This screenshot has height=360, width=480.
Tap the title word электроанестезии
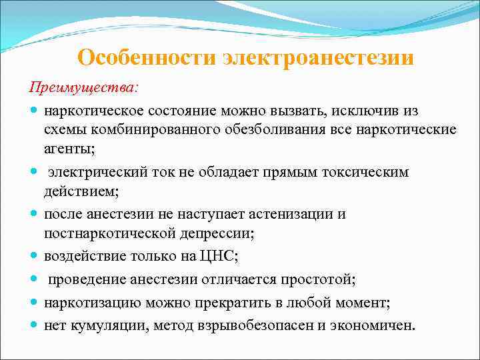[x=318, y=57]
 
